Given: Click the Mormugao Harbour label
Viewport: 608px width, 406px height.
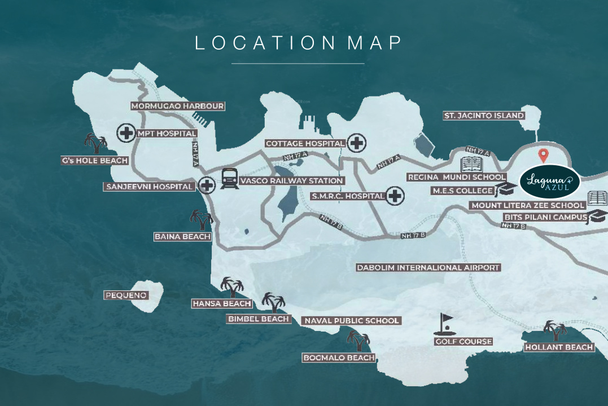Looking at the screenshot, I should click(178, 106).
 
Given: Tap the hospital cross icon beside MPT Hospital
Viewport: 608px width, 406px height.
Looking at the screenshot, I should click(125, 134).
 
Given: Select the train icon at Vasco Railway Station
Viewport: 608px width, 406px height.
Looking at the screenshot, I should click(229, 179).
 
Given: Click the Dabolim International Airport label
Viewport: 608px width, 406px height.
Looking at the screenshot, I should click(428, 268).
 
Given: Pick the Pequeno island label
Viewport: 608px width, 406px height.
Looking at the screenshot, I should click(126, 295).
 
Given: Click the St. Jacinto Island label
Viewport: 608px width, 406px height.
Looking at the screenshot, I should click(484, 116).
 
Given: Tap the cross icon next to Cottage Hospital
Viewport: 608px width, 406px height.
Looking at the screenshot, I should click(356, 143).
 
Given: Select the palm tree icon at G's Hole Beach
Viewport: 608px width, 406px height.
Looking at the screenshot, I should click(95, 144).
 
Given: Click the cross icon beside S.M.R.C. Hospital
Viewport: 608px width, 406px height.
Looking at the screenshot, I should click(395, 196).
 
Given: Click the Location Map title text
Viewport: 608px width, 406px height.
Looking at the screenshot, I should click(298, 43).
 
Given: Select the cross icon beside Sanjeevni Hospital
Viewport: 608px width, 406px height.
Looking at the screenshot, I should click(207, 185).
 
